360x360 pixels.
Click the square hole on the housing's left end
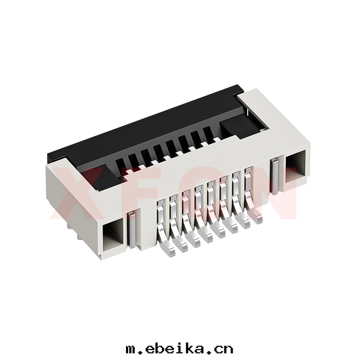click(114, 235)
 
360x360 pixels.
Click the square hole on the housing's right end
click(296, 166)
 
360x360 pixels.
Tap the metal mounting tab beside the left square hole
click(132, 230)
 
